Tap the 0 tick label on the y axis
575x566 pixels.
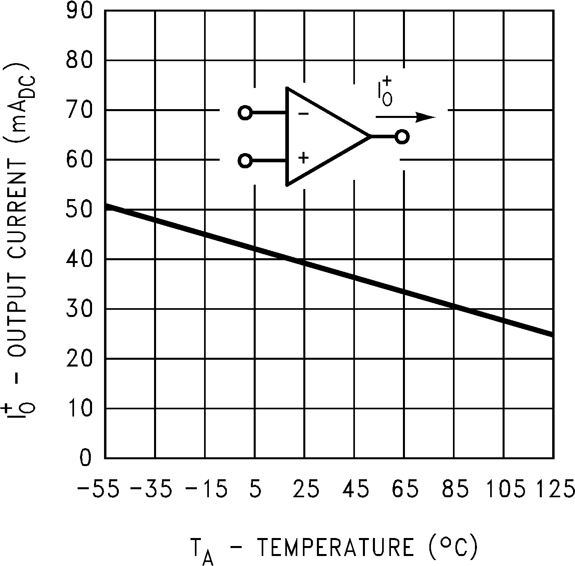[85, 458]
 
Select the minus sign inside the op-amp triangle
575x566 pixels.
[303, 114]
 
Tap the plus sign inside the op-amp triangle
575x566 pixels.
[303, 158]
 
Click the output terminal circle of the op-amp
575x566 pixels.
[402, 137]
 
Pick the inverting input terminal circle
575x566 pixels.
[245, 113]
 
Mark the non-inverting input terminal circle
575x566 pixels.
[245, 161]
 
